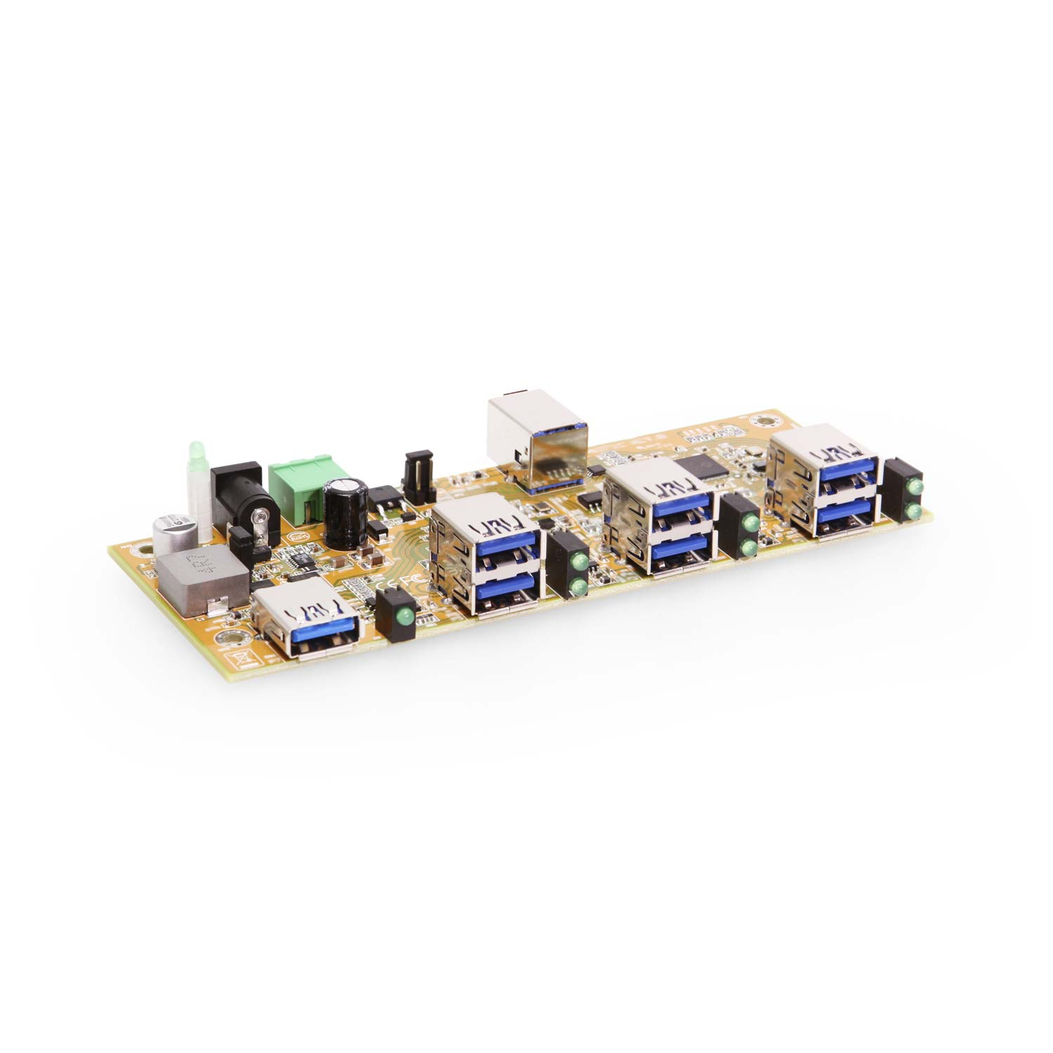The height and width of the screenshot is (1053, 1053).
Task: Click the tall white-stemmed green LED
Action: (x=196, y=491)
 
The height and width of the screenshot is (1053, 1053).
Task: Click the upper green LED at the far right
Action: (x=915, y=487)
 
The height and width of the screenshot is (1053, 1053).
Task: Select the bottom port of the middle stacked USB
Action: (x=680, y=551)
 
